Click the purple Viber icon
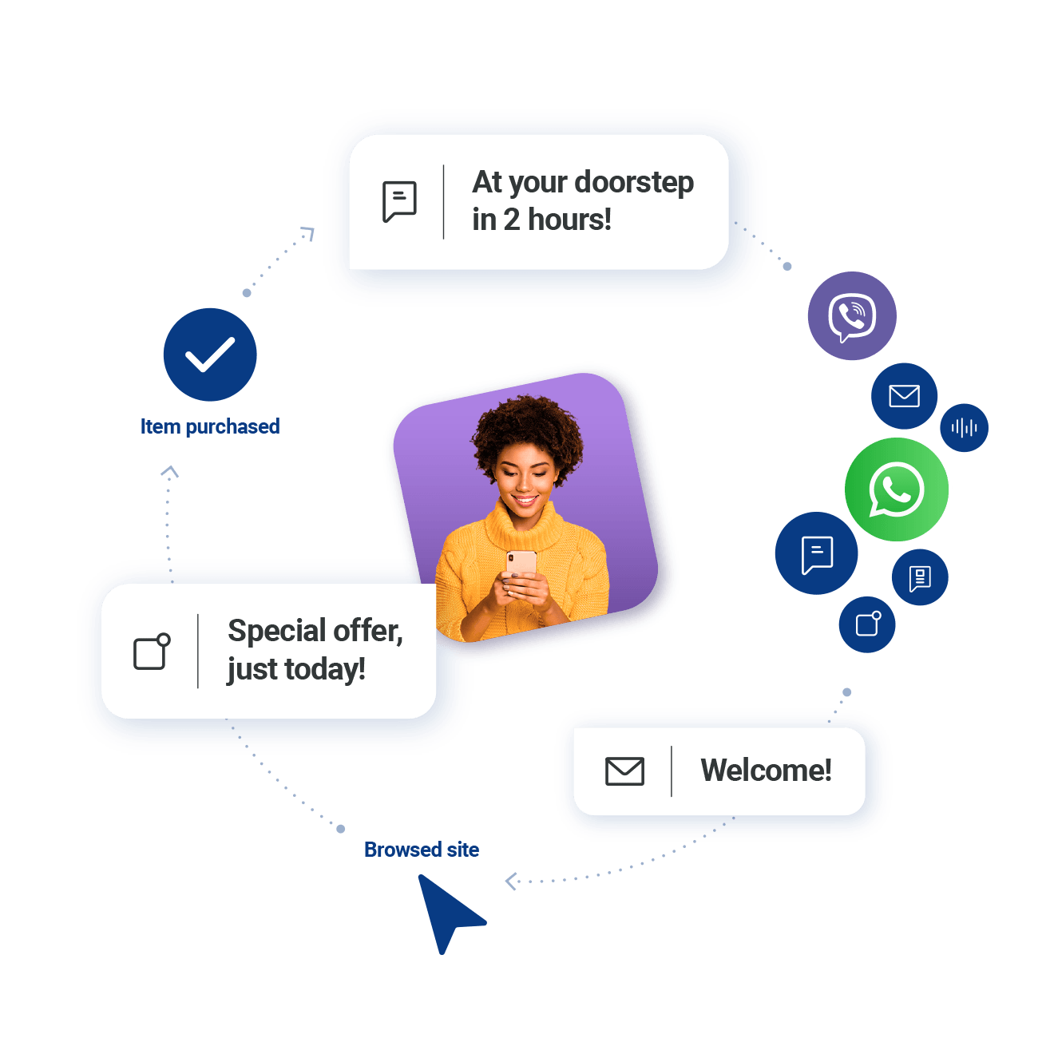851,316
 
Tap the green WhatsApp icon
897,489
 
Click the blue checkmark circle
210,355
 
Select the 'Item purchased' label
210,426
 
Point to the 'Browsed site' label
422,850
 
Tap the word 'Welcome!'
766,771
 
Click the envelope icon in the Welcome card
624,771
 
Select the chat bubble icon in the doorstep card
399,201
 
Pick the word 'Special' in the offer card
276,631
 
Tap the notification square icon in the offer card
151,652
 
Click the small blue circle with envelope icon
904,396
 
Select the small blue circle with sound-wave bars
964,428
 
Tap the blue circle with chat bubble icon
816,553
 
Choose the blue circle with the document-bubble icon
920,577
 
